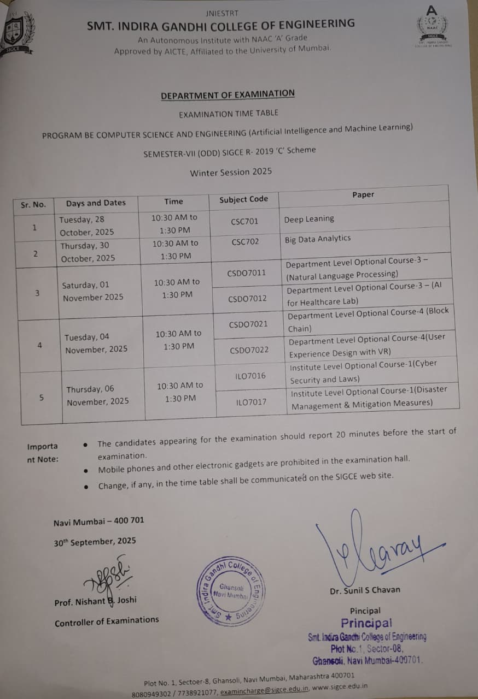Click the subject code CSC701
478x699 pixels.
tap(244, 222)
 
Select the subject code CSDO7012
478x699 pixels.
tap(248, 299)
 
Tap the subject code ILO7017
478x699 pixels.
tap(251, 402)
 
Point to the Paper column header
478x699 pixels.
tap(363, 194)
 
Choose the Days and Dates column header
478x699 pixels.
tap(96, 203)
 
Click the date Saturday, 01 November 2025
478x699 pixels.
tap(93, 292)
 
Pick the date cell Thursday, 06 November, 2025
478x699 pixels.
tap(97, 395)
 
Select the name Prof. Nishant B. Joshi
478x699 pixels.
tap(95, 601)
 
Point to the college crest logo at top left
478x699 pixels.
tap(16, 31)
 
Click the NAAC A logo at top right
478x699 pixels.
tap(432, 25)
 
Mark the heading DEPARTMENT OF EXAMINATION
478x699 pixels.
tap(228, 94)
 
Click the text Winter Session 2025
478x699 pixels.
tap(231, 172)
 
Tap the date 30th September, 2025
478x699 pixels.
tap(95, 542)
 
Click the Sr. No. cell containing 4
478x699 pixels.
tap(39, 346)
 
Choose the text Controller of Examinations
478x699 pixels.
tap(107, 621)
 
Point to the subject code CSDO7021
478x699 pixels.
tap(248, 324)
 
